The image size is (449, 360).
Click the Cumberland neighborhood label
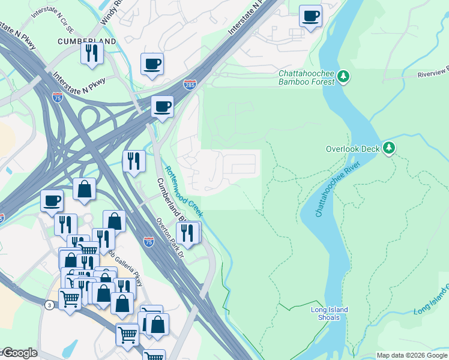(86, 41)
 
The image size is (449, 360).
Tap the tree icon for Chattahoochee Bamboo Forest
(343, 76)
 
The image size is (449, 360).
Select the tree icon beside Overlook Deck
(389, 148)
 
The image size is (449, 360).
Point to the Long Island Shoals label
(329, 314)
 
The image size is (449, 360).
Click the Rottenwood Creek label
(184, 191)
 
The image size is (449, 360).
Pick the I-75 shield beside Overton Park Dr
(149, 242)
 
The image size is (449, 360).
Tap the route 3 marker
(49, 305)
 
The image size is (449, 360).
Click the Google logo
(19, 353)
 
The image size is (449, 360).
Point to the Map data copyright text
(412, 355)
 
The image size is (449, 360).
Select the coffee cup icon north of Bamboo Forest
(310, 16)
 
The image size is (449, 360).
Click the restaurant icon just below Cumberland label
(92, 53)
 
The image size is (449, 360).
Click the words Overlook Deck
(353, 148)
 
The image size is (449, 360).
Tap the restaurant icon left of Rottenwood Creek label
(134, 161)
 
